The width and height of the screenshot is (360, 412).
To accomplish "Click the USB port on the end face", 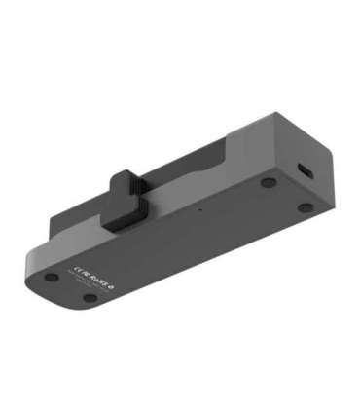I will [x=306, y=171].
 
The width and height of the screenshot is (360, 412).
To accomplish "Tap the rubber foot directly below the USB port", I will [x=306, y=206].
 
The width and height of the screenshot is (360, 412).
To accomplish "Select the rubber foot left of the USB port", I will [x=268, y=182].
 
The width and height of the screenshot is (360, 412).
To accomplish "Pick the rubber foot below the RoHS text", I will [x=90, y=298].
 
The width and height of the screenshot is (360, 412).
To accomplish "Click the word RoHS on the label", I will [x=95, y=280].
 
